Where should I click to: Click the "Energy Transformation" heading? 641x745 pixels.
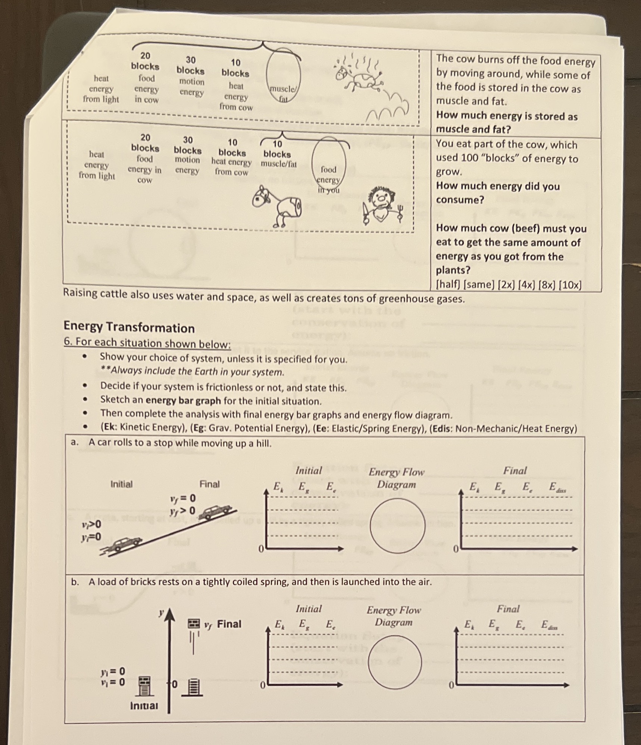click(x=129, y=327)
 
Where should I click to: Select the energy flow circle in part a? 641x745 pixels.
click(x=397, y=525)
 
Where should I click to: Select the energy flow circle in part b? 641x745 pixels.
click(x=395, y=662)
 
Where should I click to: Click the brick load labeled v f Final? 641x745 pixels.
click(x=194, y=623)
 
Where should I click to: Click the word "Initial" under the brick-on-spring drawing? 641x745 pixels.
click(x=144, y=705)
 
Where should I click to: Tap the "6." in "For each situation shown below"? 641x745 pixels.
click(x=67, y=342)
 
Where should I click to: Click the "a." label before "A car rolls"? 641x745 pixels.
click(x=75, y=442)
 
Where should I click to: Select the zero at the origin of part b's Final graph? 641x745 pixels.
click(x=451, y=686)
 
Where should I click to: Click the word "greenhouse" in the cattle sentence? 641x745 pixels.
click(x=403, y=299)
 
